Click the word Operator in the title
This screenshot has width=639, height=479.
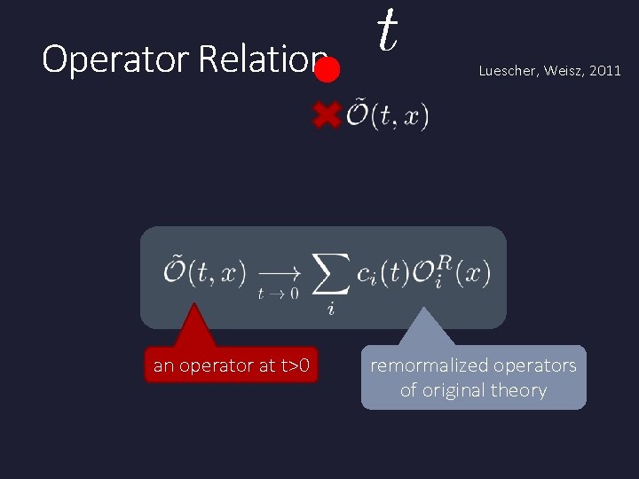click(116, 60)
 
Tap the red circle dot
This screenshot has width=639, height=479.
click(327, 70)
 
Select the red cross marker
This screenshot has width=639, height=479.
click(327, 114)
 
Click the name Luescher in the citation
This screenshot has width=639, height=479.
click(509, 71)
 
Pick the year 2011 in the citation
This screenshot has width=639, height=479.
click(606, 71)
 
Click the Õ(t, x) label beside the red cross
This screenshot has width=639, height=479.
click(387, 115)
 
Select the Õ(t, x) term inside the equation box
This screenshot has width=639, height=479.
click(204, 272)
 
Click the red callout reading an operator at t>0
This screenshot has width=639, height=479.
click(231, 365)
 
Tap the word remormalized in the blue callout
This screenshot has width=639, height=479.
click(428, 365)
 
